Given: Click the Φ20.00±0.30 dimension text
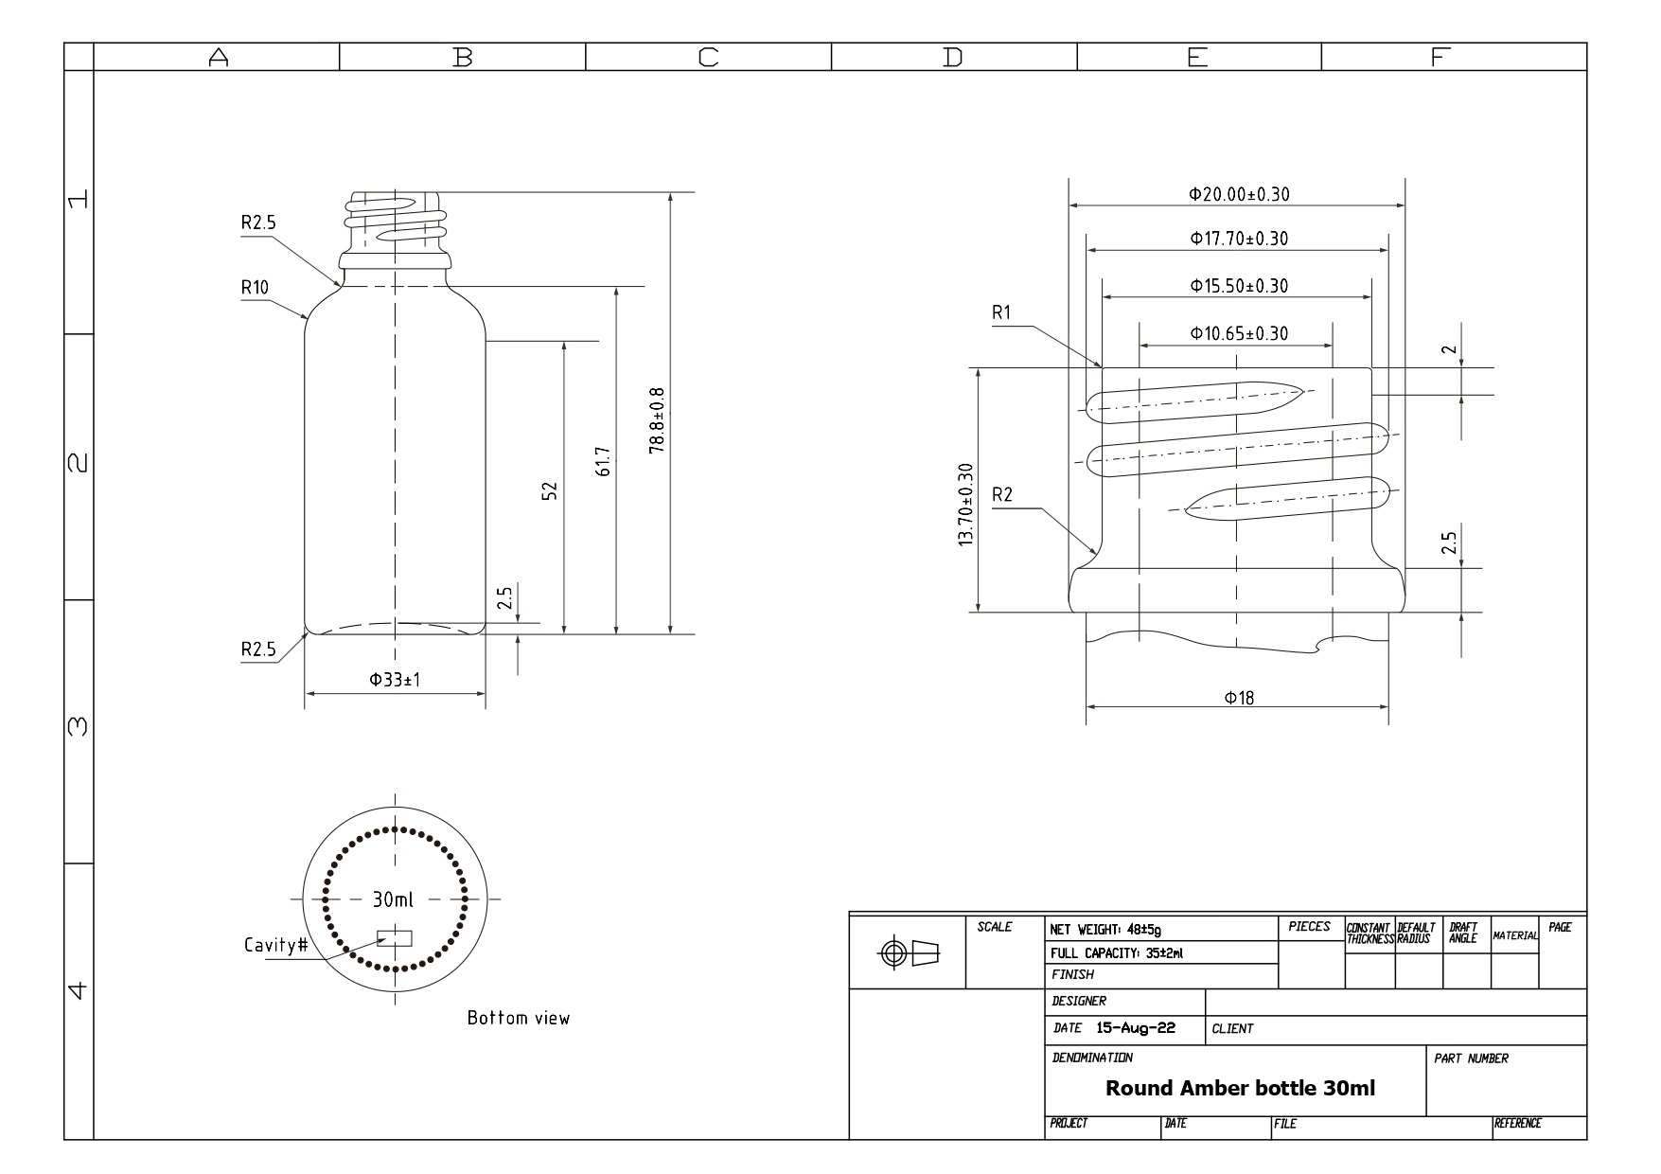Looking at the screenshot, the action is point(1239,194).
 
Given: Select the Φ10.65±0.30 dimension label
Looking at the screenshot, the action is point(1239,333).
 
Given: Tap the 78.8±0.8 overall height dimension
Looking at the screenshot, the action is point(657,419).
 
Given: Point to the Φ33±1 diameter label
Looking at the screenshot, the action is point(395,680).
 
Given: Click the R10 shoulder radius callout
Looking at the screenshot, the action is point(255,287).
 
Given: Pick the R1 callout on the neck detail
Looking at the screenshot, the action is point(1001,312).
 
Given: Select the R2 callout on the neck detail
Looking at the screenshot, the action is point(1002,494).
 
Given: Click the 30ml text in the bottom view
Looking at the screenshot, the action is point(393,899).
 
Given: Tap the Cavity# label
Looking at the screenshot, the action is point(276,945).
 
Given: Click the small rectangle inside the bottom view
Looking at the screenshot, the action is point(395,938).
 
